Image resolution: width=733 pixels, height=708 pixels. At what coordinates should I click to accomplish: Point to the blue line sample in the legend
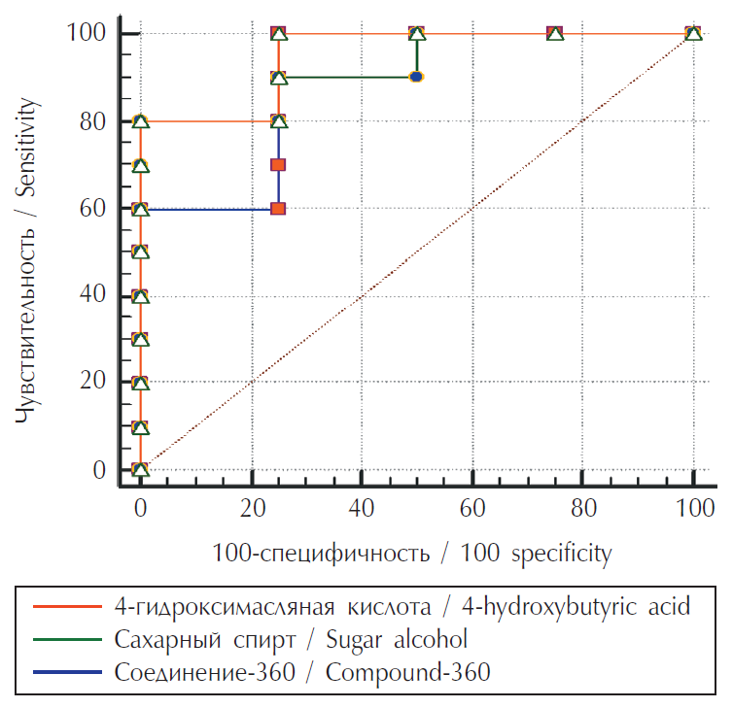point(69,672)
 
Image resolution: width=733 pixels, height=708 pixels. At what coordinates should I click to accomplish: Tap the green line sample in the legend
point(69,640)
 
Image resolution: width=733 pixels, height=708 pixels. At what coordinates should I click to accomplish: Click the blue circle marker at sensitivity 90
point(416,76)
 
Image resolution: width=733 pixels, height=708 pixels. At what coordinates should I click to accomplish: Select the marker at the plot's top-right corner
point(693,34)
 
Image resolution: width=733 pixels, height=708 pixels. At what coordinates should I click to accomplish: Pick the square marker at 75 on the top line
point(555,34)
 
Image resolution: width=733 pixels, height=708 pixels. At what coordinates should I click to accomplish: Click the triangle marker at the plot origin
point(140,470)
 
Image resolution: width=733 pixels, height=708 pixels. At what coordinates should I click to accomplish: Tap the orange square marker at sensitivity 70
point(278,165)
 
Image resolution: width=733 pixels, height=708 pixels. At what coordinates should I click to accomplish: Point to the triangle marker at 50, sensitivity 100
point(417,34)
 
